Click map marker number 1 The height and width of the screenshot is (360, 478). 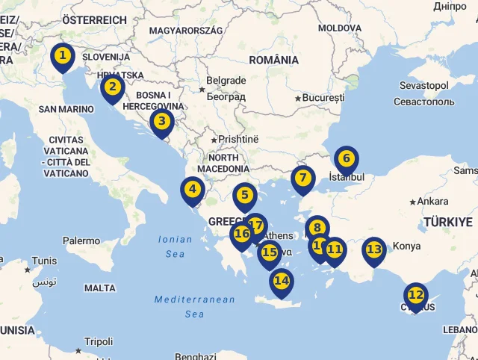[63, 56]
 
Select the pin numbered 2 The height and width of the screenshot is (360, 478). [113, 87]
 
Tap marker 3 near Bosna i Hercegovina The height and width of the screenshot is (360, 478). [162, 121]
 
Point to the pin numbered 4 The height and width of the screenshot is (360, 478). [193, 190]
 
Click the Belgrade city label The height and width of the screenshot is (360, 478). [226, 81]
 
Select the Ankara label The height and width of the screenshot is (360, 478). [432, 201]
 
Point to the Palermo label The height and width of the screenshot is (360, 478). [81, 240]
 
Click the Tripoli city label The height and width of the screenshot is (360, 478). [99, 341]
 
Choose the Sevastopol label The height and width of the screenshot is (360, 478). [423, 85]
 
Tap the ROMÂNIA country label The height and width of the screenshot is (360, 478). [274, 60]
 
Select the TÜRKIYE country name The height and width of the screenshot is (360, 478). [448, 222]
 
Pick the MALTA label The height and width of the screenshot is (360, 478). [100, 288]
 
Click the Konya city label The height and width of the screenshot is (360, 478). [406, 246]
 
